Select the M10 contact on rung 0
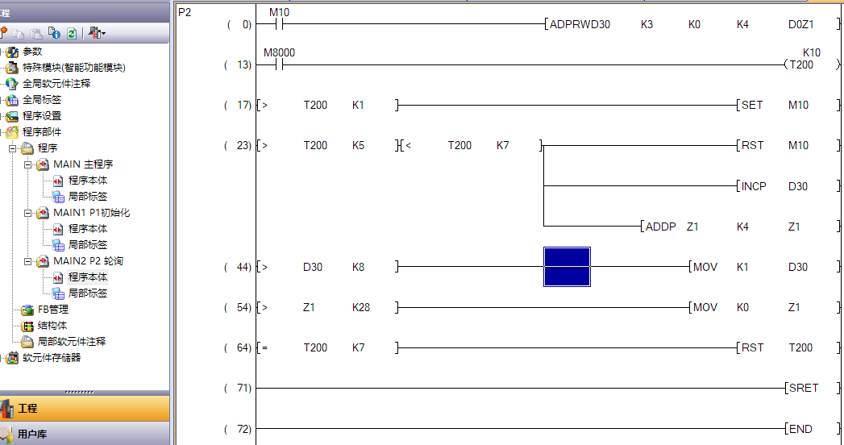[x=279, y=24]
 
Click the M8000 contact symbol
[x=279, y=64]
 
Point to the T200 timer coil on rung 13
[x=800, y=64]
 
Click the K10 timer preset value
[x=811, y=52]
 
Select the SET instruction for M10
[x=751, y=105]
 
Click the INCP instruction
[x=754, y=186]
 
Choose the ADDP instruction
[x=661, y=227]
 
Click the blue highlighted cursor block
[x=567, y=267]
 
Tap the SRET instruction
[x=804, y=388]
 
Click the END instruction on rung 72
[x=801, y=429]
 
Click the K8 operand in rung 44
[x=359, y=267]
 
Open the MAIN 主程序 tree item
[x=83, y=164]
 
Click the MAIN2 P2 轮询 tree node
[x=88, y=261]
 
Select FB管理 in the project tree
[x=53, y=310]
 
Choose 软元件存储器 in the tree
[x=52, y=358]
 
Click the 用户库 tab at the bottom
[x=32, y=434]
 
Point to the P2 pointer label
[x=185, y=12]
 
